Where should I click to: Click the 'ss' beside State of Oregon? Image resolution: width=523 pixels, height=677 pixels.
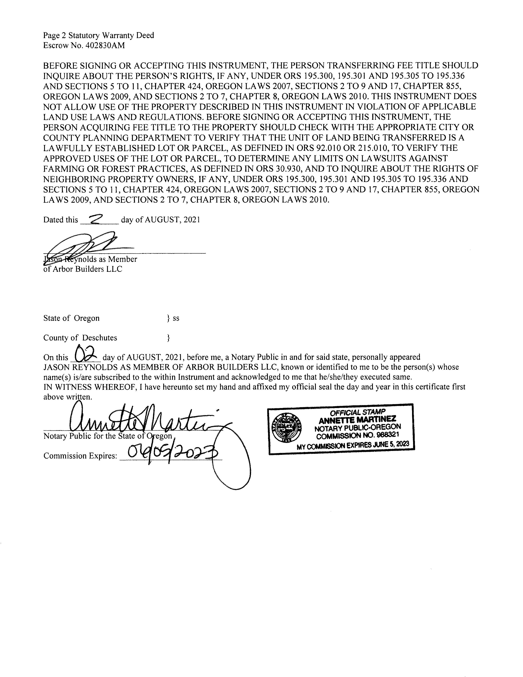click(x=176, y=318)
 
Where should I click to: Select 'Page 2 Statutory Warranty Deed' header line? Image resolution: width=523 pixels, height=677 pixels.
click(x=98, y=35)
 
